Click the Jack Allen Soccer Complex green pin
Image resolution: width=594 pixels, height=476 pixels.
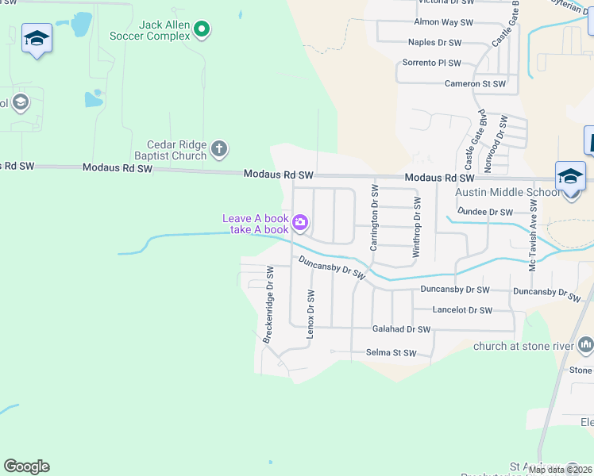[x=202, y=30]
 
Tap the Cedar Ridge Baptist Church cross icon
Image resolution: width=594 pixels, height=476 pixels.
[x=219, y=148]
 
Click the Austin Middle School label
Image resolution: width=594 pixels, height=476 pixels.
[x=507, y=193]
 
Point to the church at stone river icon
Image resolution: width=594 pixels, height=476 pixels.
[x=586, y=345]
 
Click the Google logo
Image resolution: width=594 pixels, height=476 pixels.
[x=26, y=466]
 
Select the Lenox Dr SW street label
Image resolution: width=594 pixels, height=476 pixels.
[x=311, y=314]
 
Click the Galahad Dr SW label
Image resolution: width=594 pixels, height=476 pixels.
[x=401, y=329]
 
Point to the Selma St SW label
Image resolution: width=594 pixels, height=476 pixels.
[x=391, y=353]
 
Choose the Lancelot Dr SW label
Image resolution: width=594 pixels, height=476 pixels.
[x=462, y=310]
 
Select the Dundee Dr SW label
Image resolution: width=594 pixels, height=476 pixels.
[x=487, y=213]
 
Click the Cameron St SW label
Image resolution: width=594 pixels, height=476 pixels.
[x=475, y=83]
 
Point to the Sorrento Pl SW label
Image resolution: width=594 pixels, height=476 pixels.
[x=431, y=63]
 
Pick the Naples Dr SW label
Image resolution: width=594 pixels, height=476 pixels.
[x=434, y=42]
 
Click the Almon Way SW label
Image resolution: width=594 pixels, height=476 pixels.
[x=443, y=23]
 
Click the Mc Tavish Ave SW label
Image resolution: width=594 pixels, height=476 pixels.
[x=534, y=235]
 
